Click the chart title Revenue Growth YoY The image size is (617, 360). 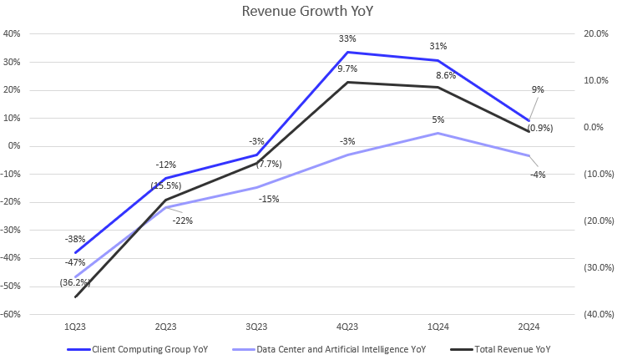[x=308, y=12]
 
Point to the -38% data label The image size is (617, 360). [x=76, y=239]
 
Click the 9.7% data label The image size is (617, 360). [x=347, y=68]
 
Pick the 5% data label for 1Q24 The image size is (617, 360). [x=438, y=119]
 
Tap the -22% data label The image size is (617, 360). [x=183, y=220]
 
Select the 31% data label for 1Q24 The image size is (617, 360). [x=438, y=46]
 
